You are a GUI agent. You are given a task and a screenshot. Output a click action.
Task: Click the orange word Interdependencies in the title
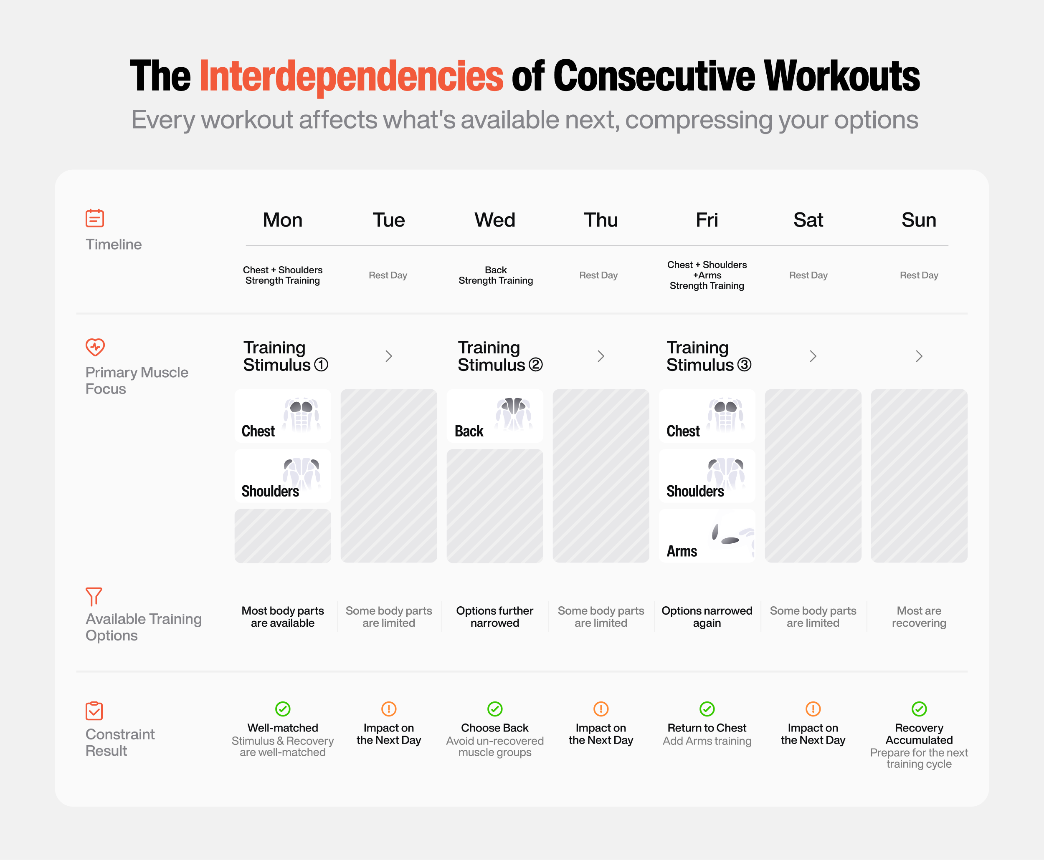pyautogui.click(x=352, y=76)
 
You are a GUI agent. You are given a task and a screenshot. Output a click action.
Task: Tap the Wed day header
pyautogui.click(x=495, y=220)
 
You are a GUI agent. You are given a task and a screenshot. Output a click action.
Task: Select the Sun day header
pyautogui.click(x=919, y=220)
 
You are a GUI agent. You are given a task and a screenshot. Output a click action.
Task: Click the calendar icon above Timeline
pyautogui.click(x=95, y=218)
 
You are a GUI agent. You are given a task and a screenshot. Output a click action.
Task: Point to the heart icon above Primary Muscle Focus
pyautogui.click(x=95, y=347)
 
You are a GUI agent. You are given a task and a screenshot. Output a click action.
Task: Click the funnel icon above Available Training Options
pyautogui.click(x=94, y=596)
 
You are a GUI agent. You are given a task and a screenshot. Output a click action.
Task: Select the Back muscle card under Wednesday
pyautogui.click(x=495, y=416)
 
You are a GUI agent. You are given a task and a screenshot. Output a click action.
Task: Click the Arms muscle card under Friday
pyautogui.click(x=707, y=536)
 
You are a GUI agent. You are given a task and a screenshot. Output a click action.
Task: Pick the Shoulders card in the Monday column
pyautogui.click(x=283, y=476)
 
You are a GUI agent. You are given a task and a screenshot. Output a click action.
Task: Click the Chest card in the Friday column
pyautogui.click(x=707, y=416)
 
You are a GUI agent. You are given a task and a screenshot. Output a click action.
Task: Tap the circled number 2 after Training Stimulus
pyautogui.click(x=535, y=365)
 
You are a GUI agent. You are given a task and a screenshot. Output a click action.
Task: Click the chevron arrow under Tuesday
pyautogui.click(x=389, y=356)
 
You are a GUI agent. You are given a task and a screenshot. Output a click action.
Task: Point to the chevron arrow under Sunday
pyautogui.click(x=919, y=356)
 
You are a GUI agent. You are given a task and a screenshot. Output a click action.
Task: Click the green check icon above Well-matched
pyautogui.click(x=283, y=709)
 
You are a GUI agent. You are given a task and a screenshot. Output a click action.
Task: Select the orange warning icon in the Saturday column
pyautogui.click(x=813, y=709)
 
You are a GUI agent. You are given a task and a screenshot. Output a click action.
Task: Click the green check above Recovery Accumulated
pyautogui.click(x=919, y=709)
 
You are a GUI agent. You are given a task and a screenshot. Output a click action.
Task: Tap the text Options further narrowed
pyautogui.click(x=495, y=617)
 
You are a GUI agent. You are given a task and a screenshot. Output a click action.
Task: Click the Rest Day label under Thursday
pyautogui.click(x=598, y=275)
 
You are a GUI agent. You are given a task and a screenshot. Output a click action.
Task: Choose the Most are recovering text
pyautogui.click(x=919, y=617)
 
